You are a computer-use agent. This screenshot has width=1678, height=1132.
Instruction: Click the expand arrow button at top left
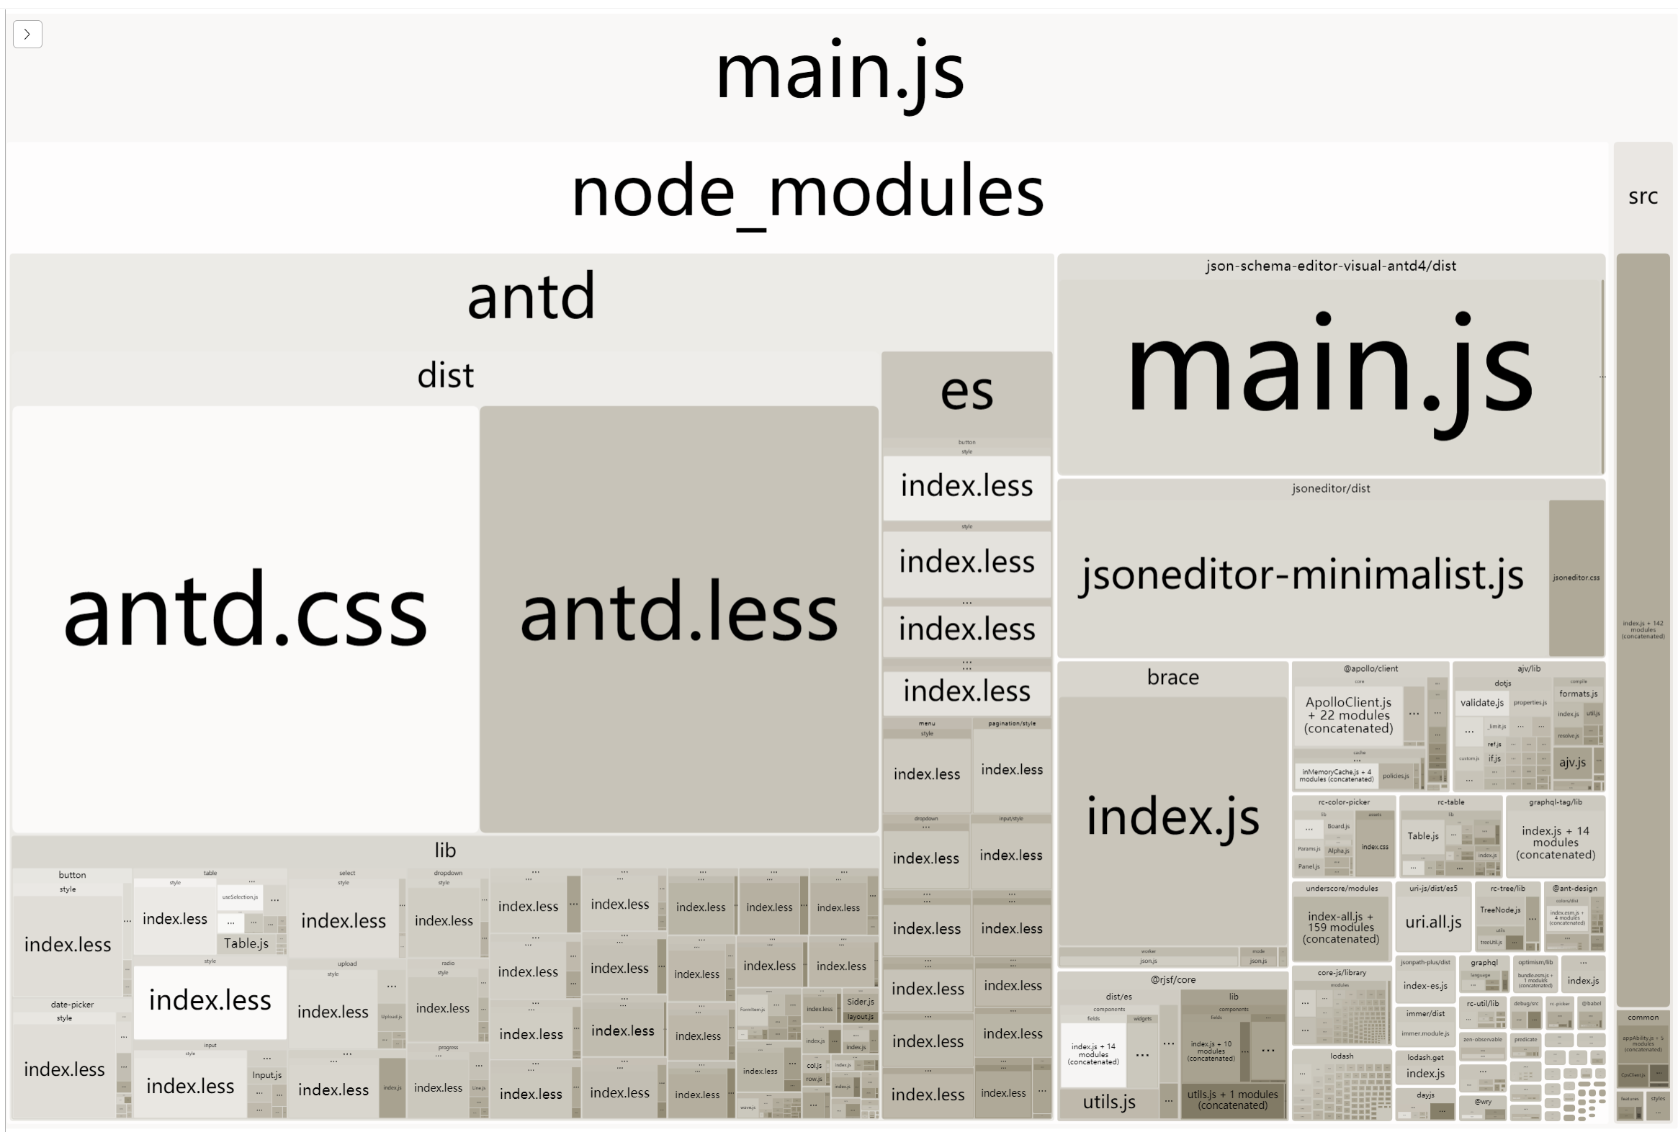(x=27, y=34)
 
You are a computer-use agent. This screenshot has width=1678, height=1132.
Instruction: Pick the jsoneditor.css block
(x=1576, y=578)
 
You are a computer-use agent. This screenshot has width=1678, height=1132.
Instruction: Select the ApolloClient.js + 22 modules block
(x=1347, y=715)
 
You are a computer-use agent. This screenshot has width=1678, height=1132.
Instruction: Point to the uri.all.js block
(x=1433, y=922)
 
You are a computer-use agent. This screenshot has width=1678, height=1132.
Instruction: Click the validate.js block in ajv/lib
(x=1481, y=702)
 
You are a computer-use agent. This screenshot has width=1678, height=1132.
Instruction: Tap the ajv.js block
(x=1572, y=763)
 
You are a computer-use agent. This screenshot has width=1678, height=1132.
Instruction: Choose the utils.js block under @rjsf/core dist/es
(x=1109, y=1102)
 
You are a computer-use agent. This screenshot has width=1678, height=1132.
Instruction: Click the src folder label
(x=1643, y=197)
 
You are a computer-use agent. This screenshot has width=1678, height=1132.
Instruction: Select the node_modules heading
(x=807, y=192)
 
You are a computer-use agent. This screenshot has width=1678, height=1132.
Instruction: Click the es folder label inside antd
(x=966, y=392)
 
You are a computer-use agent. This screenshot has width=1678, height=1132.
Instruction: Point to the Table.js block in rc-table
(x=1422, y=836)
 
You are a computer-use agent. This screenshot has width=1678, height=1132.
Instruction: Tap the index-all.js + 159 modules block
(x=1341, y=927)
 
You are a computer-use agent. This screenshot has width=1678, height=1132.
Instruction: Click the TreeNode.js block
(x=1499, y=910)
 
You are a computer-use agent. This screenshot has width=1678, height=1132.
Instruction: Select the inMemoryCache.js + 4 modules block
(x=1337, y=776)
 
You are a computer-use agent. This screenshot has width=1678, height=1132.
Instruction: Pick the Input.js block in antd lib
(x=266, y=1075)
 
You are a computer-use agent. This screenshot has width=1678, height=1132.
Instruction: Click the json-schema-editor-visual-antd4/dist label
(x=1330, y=266)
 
